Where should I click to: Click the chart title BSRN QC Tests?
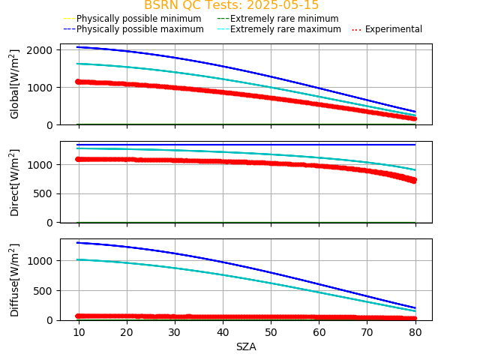tap(231, 5)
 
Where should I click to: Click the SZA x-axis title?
tap(246, 346)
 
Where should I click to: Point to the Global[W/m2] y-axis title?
tap(15, 84)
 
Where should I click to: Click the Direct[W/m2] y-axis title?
tap(15, 182)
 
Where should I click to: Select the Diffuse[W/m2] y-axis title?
tap(15, 280)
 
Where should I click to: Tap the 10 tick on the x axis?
tap(79, 331)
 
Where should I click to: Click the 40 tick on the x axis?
tap(223, 331)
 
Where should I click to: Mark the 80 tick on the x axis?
tap(415, 331)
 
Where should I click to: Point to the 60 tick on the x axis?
tap(319, 331)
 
